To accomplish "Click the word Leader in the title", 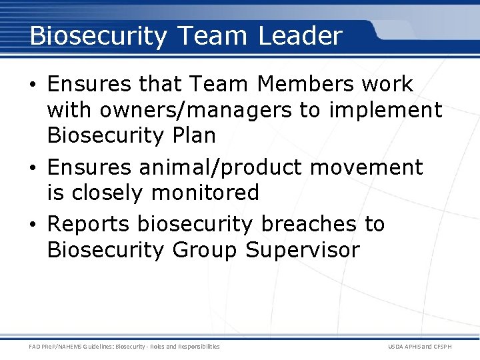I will (300, 35).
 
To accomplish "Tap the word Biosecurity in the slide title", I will (98, 37).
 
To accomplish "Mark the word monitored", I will (205, 193).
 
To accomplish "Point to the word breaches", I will (309, 225).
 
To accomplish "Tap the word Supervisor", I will (303, 251).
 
